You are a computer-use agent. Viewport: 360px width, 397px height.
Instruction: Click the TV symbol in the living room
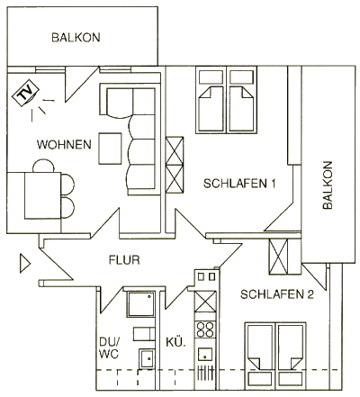click(x=25, y=93)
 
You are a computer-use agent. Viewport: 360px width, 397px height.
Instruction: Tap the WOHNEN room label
click(x=64, y=145)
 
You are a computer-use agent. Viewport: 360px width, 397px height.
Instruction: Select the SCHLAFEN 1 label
click(x=239, y=184)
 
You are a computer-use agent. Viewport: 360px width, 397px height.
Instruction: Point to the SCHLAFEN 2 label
click(x=277, y=294)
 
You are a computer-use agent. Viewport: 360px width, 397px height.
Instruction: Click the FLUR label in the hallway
click(x=124, y=260)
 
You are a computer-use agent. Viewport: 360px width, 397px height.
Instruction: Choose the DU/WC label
click(x=110, y=347)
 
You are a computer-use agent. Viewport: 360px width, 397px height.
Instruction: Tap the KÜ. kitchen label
click(x=176, y=342)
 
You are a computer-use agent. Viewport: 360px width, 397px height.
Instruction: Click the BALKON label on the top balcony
click(x=76, y=38)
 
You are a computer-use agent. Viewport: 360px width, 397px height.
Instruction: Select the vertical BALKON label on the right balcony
click(x=328, y=185)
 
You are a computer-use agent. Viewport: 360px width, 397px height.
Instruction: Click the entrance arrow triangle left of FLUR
click(x=24, y=264)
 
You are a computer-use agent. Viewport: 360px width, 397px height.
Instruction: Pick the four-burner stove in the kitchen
click(x=205, y=329)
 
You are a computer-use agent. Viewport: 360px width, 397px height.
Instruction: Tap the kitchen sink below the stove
click(x=205, y=354)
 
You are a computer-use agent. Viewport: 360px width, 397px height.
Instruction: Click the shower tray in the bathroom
click(x=141, y=303)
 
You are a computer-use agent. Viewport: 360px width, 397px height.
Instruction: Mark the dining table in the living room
click(x=43, y=195)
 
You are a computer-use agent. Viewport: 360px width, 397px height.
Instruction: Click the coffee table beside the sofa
click(x=110, y=149)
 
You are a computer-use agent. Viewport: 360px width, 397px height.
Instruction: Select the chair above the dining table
click(x=44, y=166)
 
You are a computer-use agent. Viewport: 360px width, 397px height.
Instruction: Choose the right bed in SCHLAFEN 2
click(x=292, y=356)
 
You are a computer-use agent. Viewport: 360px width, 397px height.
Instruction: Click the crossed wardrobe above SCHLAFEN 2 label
click(x=278, y=257)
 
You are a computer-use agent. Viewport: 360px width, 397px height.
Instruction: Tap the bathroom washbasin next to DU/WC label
click(x=147, y=358)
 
